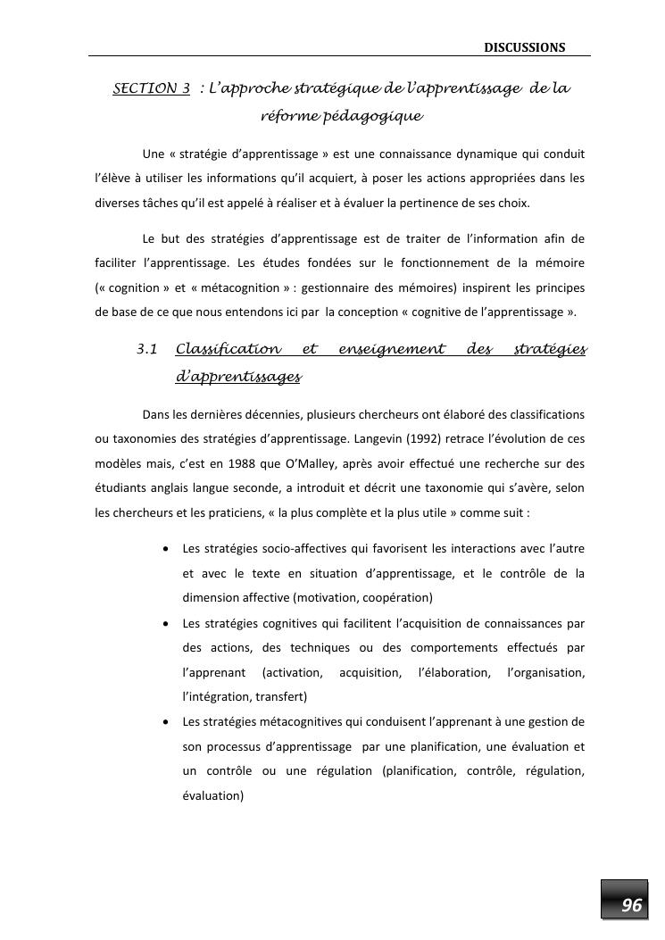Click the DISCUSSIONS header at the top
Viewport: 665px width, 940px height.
pyautogui.click(x=524, y=46)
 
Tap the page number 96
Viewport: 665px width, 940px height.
pyautogui.click(x=631, y=905)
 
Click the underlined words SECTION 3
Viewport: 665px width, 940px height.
pyautogui.click(x=152, y=88)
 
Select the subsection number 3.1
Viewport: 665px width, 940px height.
pyautogui.click(x=147, y=348)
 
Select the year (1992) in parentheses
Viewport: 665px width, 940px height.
pyautogui.click(x=427, y=438)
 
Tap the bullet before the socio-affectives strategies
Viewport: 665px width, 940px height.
pyautogui.click(x=166, y=548)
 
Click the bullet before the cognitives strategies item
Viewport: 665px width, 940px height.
pyautogui.click(x=166, y=622)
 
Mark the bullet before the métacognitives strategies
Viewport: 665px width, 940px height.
pyautogui.click(x=166, y=721)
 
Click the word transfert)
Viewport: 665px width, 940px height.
pyautogui.click(x=280, y=696)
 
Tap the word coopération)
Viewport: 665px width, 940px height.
pyautogui.click(x=400, y=597)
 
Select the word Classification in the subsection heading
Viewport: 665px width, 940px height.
pyautogui.click(x=228, y=348)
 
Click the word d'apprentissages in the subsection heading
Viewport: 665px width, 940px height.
pyautogui.click(x=238, y=377)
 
